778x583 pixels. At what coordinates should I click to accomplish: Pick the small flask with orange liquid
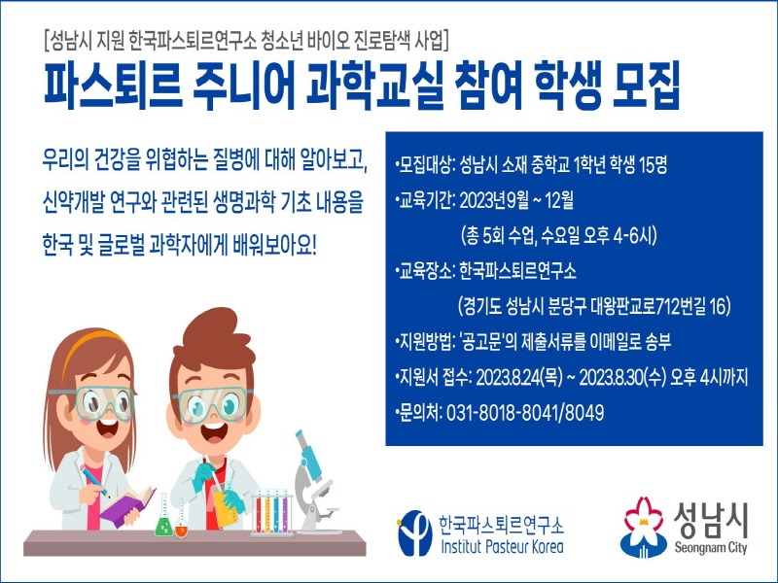point(182,526)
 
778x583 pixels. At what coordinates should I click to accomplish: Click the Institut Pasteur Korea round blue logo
point(414,532)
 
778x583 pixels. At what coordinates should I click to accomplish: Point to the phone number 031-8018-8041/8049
point(526,413)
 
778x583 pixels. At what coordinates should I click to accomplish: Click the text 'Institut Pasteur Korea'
point(501,546)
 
